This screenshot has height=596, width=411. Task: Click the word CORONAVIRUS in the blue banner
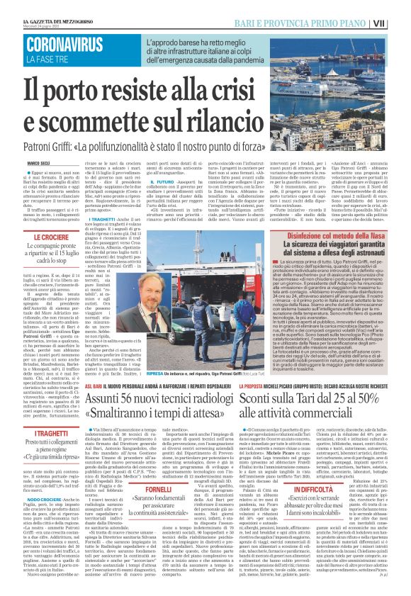pos(64,47)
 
